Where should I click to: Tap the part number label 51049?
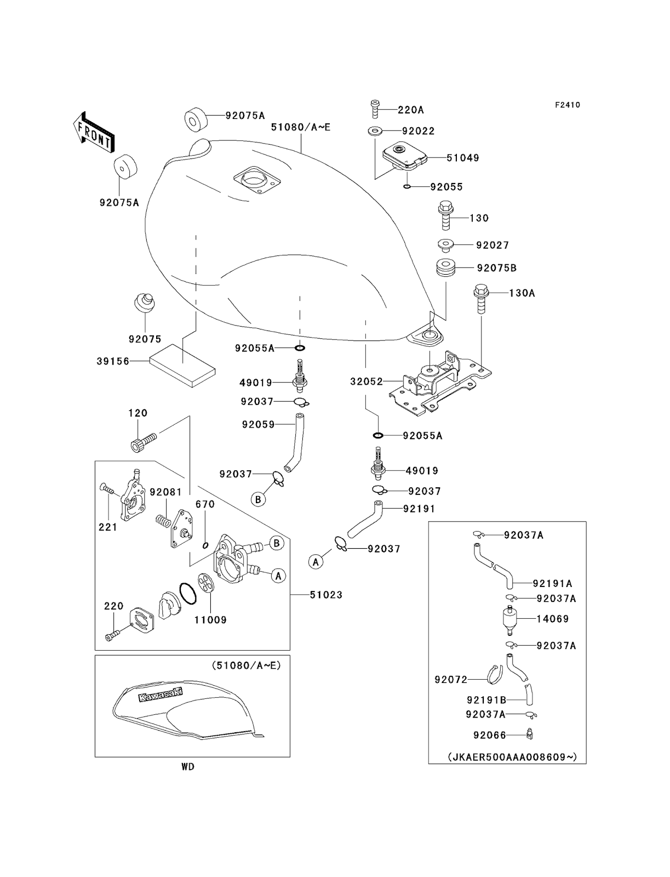pyautogui.click(x=462, y=158)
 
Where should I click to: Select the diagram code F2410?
pyautogui.click(x=567, y=105)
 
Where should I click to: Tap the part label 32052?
pyautogui.click(x=367, y=381)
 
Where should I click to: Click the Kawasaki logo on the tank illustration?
pyautogui.click(x=160, y=694)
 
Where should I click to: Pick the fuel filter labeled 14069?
pyautogui.click(x=509, y=619)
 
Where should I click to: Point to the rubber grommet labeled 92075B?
pyautogui.click(x=446, y=269)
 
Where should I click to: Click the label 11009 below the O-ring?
pyautogui.click(x=210, y=620)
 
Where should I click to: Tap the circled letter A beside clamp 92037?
pyautogui.click(x=315, y=561)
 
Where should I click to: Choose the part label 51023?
pyautogui.click(x=326, y=595)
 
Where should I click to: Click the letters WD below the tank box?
pyautogui.click(x=188, y=767)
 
